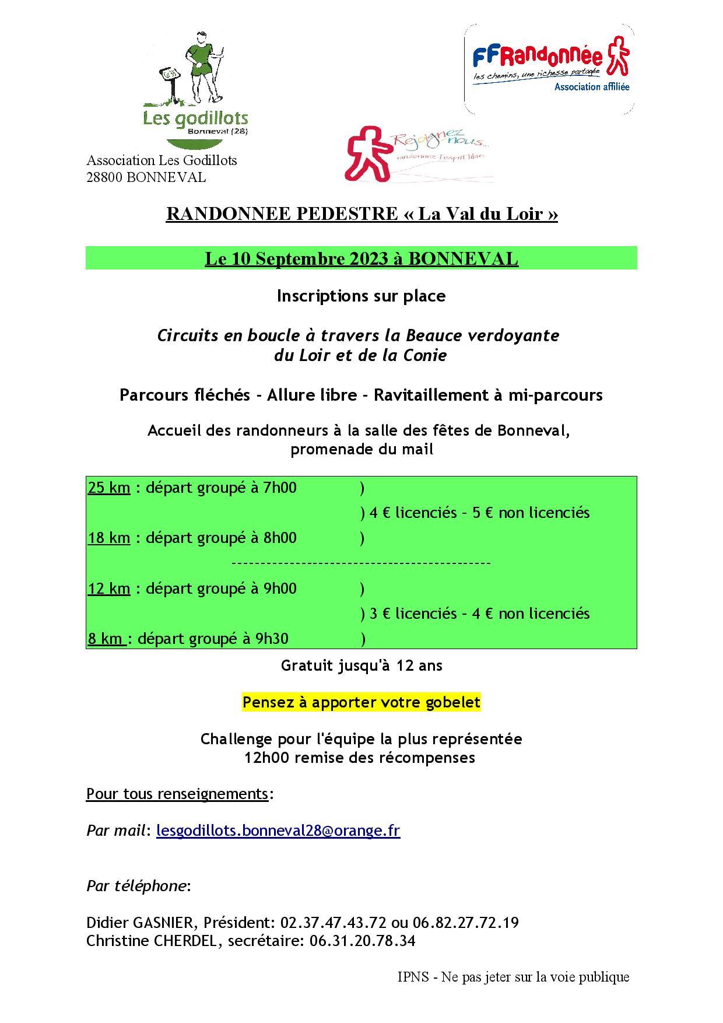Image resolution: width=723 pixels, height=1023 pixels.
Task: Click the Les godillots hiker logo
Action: (x=195, y=87)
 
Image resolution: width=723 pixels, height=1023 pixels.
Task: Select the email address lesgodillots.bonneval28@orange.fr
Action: (x=278, y=830)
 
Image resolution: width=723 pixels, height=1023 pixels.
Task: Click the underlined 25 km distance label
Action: (x=109, y=487)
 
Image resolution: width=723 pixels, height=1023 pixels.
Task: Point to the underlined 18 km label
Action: (x=109, y=538)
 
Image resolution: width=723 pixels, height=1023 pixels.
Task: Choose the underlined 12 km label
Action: (x=109, y=588)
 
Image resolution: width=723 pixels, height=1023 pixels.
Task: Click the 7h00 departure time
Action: (x=280, y=487)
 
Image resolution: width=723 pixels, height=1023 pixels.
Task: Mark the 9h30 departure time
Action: (x=272, y=639)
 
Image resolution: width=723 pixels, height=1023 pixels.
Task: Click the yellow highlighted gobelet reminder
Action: (x=361, y=702)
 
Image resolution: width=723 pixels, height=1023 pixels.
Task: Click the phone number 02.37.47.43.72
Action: (x=334, y=923)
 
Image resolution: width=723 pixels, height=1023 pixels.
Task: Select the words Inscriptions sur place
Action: (x=361, y=296)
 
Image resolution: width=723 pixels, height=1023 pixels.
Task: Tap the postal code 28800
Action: (x=104, y=177)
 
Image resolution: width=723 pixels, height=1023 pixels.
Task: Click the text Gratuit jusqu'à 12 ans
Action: (x=361, y=665)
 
